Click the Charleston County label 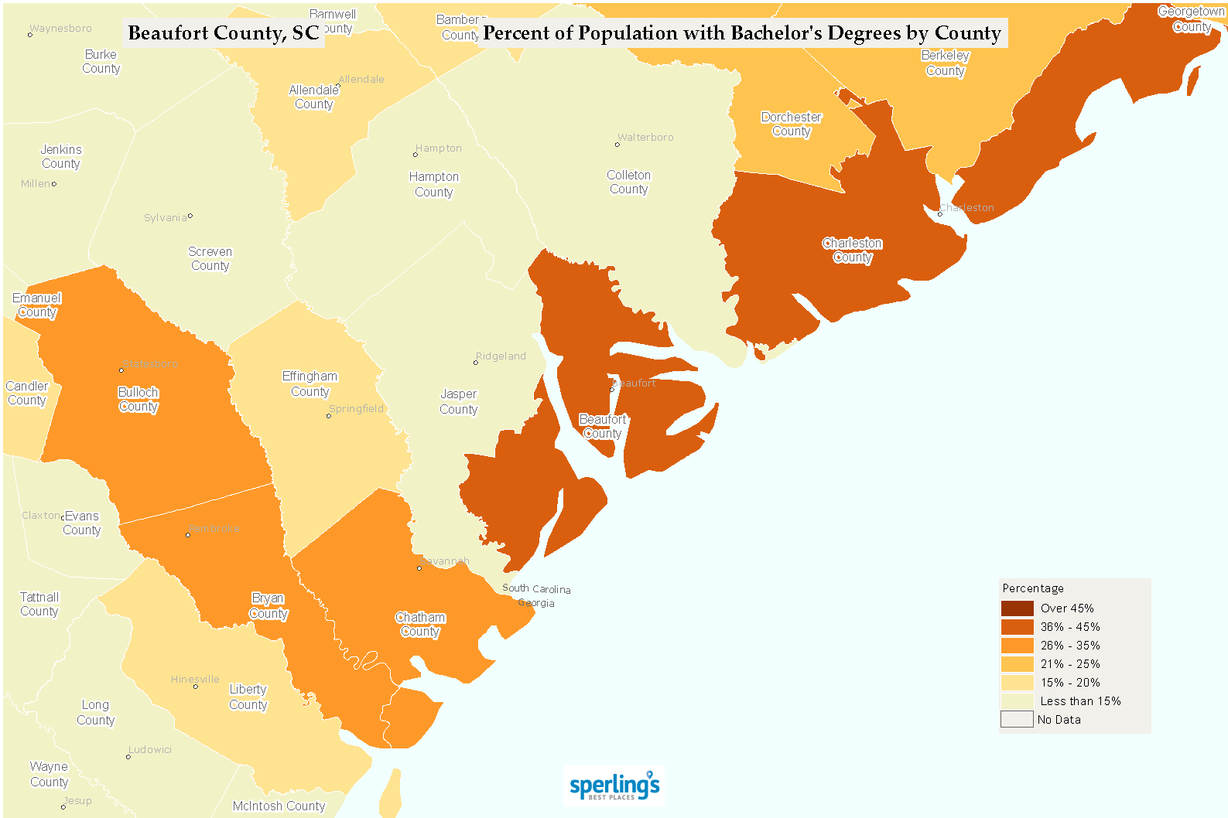852,251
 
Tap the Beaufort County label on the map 603,426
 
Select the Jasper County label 459,402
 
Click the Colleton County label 628,182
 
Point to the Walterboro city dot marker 617,145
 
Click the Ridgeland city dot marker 476,363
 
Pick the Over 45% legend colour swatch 1017,608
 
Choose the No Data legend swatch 1017,720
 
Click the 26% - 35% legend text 1069,646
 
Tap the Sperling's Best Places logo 614,786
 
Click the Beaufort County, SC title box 223,33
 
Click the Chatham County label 420,625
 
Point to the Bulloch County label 139,400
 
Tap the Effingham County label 310,384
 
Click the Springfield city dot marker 328,416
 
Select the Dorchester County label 791,124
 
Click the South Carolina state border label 536,588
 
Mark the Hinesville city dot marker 195,687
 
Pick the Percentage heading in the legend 1032,588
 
